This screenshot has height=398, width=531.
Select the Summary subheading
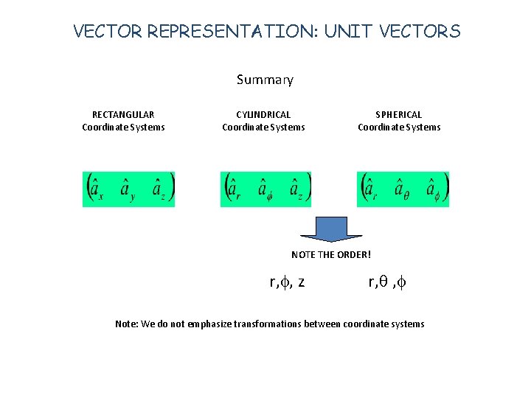pyautogui.click(x=265, y=80)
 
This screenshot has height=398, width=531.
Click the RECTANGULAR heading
pyautogui.click(x=123, y=114)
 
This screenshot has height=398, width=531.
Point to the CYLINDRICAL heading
pyautogui.click(x=263, y=114)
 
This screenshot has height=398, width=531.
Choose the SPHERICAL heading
pyautogui.click(x=399, y=114)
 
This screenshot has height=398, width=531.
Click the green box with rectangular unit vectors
pyautogui.click(x=128, y=189)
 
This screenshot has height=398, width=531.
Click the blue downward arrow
pyautogui.click(x=332, y=228)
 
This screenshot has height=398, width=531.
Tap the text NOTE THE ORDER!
pyautogui.click(x=331, y=255)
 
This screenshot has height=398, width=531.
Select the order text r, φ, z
pyautogui.click(x=288, y=281)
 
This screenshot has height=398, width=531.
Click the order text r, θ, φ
pyautogui.click(x=387, y=281)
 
